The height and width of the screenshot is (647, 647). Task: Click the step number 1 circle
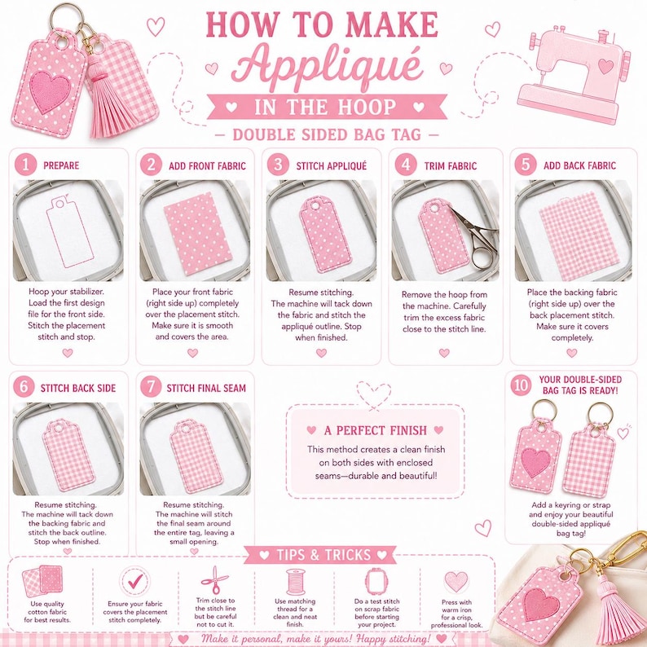[x=25, y=165]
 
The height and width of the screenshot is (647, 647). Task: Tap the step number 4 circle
[x=406, y=165]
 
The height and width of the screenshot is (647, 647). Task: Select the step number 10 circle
[x=521, y=385]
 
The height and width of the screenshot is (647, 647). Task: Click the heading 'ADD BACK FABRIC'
[x=579, y=165]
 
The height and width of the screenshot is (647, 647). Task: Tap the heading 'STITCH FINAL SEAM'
[x=206, y=388]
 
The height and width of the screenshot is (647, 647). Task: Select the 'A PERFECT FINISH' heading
[x=375, y=430]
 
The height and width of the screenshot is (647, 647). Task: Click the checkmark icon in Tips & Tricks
[x=135, y=581]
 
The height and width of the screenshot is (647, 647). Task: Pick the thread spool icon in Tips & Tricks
[x=296, y=582]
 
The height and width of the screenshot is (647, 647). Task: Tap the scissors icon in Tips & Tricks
[x=214, y=579]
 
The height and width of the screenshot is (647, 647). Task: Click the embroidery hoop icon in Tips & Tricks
[x=376, y=581]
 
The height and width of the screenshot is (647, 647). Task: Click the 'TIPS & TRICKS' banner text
[x=323, y=555]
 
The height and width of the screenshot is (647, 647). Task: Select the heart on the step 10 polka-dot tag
[x=535, y=462]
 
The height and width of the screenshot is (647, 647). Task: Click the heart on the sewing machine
[x=605, y=66]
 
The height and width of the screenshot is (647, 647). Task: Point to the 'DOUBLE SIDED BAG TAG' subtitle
[x=327, y=135]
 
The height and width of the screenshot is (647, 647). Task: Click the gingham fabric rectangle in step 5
[x=579, y=235]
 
